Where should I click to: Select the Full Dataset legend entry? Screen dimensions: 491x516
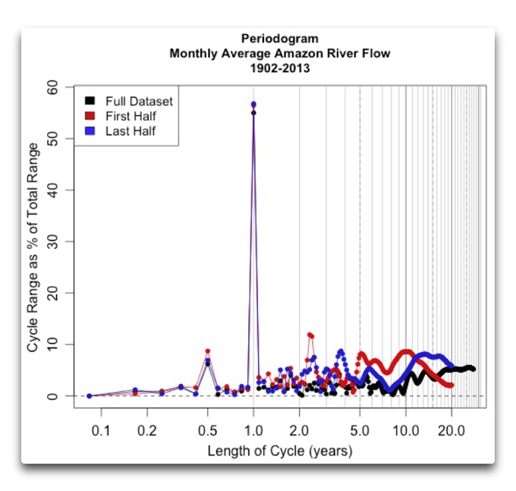[139, 101]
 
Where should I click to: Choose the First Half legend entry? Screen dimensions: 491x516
[131, 116]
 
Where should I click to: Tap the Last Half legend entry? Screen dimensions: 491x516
[131, 131]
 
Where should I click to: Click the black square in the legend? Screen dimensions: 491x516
[90, 101]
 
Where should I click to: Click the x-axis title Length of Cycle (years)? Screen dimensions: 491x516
[279, 451]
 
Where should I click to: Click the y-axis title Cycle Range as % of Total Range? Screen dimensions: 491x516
[33, 241]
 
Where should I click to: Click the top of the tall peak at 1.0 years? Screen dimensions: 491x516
[253, 104]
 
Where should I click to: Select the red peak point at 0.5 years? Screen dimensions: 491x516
[207, 351]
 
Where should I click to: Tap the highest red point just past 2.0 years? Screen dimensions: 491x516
[309, 334]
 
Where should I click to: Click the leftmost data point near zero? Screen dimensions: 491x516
[89, 396]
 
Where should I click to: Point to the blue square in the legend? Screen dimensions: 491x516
[90, 131]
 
